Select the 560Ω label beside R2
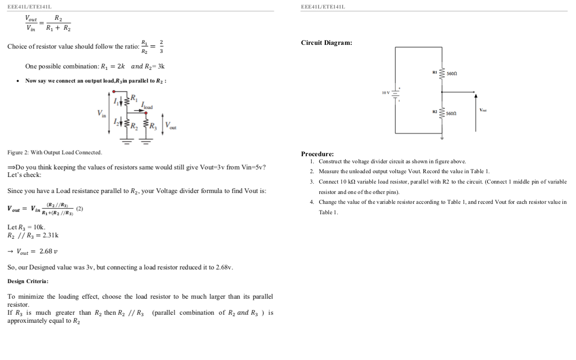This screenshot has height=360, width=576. (452, 113)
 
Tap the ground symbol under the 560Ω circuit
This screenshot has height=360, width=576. (442, 138)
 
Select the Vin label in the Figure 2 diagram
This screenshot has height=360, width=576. (101, 113)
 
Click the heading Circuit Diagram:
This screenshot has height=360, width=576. (326, 43)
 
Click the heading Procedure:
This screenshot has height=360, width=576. (317, 154)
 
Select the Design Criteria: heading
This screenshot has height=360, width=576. (28, 281)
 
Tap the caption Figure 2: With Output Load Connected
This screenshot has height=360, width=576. (54, 152)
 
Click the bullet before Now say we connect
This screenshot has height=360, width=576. (17, 81)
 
